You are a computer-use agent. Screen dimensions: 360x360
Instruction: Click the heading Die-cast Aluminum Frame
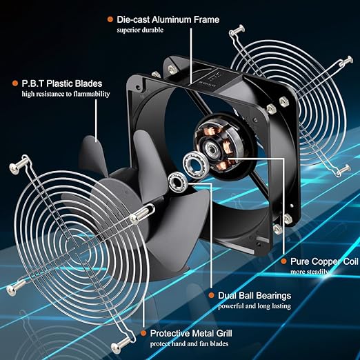(x=168, y=19)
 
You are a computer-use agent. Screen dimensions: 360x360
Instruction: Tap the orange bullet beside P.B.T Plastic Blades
(x=15, y=83)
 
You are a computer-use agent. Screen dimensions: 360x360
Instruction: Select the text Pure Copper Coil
(x=324, y=261)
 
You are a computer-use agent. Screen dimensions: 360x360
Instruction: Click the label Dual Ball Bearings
(x=254, y=295)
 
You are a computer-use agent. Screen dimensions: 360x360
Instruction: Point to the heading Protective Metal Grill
(x=191, y=333)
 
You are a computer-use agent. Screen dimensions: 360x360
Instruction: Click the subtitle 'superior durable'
(x=140, y=30)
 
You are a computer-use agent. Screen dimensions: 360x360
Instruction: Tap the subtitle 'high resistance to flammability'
(x=66, y=94)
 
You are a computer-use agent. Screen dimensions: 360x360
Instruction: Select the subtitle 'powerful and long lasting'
(x=254, y=306)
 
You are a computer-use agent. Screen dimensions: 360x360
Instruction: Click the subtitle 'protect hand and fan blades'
(x=189, y=343)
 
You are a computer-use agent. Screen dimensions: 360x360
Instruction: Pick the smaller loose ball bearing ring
(x=177, y=181)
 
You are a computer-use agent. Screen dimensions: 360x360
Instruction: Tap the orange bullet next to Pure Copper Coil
(x=283, y=261)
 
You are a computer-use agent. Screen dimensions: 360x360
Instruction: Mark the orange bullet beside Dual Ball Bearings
(x=211, y=295)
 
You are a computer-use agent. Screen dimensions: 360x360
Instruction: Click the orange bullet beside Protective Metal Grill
(x=143, y=333)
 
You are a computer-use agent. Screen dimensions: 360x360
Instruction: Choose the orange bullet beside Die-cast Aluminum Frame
(x=110, y=19)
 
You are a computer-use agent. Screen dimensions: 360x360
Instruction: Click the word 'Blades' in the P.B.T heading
(x=88, y=83)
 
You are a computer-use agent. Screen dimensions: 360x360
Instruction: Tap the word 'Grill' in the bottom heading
(x=224, y=333)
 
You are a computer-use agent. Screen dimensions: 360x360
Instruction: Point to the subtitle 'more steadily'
(x=310, y=272)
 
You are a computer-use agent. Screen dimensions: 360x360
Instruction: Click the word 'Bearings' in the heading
(x=273, y=296)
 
